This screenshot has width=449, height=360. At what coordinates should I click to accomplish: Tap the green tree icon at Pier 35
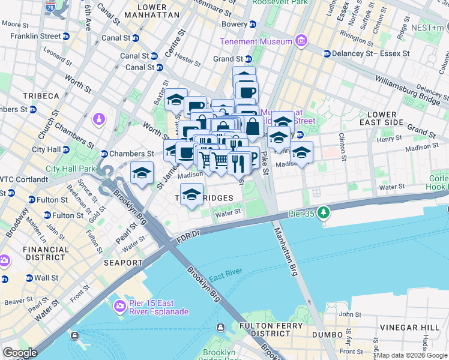click(x=324, y=212)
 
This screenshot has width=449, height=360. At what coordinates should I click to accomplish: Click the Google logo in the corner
click(x=20, y=353)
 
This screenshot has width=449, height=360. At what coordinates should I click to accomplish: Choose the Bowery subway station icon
click(x=253, y=25)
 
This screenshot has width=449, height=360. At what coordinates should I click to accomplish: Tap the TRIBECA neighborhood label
click(x=41, y=96)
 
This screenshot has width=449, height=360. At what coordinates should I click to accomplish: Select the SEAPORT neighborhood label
click(x=123, y=263)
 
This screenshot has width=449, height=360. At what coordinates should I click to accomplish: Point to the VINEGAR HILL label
click(x=409, y=328)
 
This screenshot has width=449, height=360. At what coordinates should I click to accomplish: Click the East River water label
click(x=226, y=272)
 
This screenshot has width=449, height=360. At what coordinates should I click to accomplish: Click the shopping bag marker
click(x=253, y=127)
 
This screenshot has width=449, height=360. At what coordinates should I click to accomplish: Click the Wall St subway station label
click(x=46, y=278)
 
